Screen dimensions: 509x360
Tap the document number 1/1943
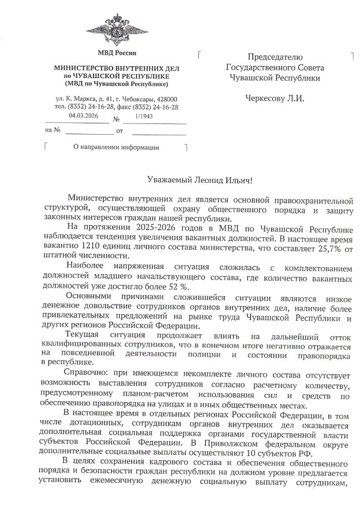coord(144,116)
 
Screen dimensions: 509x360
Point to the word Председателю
coord(275,57)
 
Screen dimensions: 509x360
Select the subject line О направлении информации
coord(116,147)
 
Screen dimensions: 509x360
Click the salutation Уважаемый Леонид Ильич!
coord(197,179)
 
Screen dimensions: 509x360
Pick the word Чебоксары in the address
coord(133,98)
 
